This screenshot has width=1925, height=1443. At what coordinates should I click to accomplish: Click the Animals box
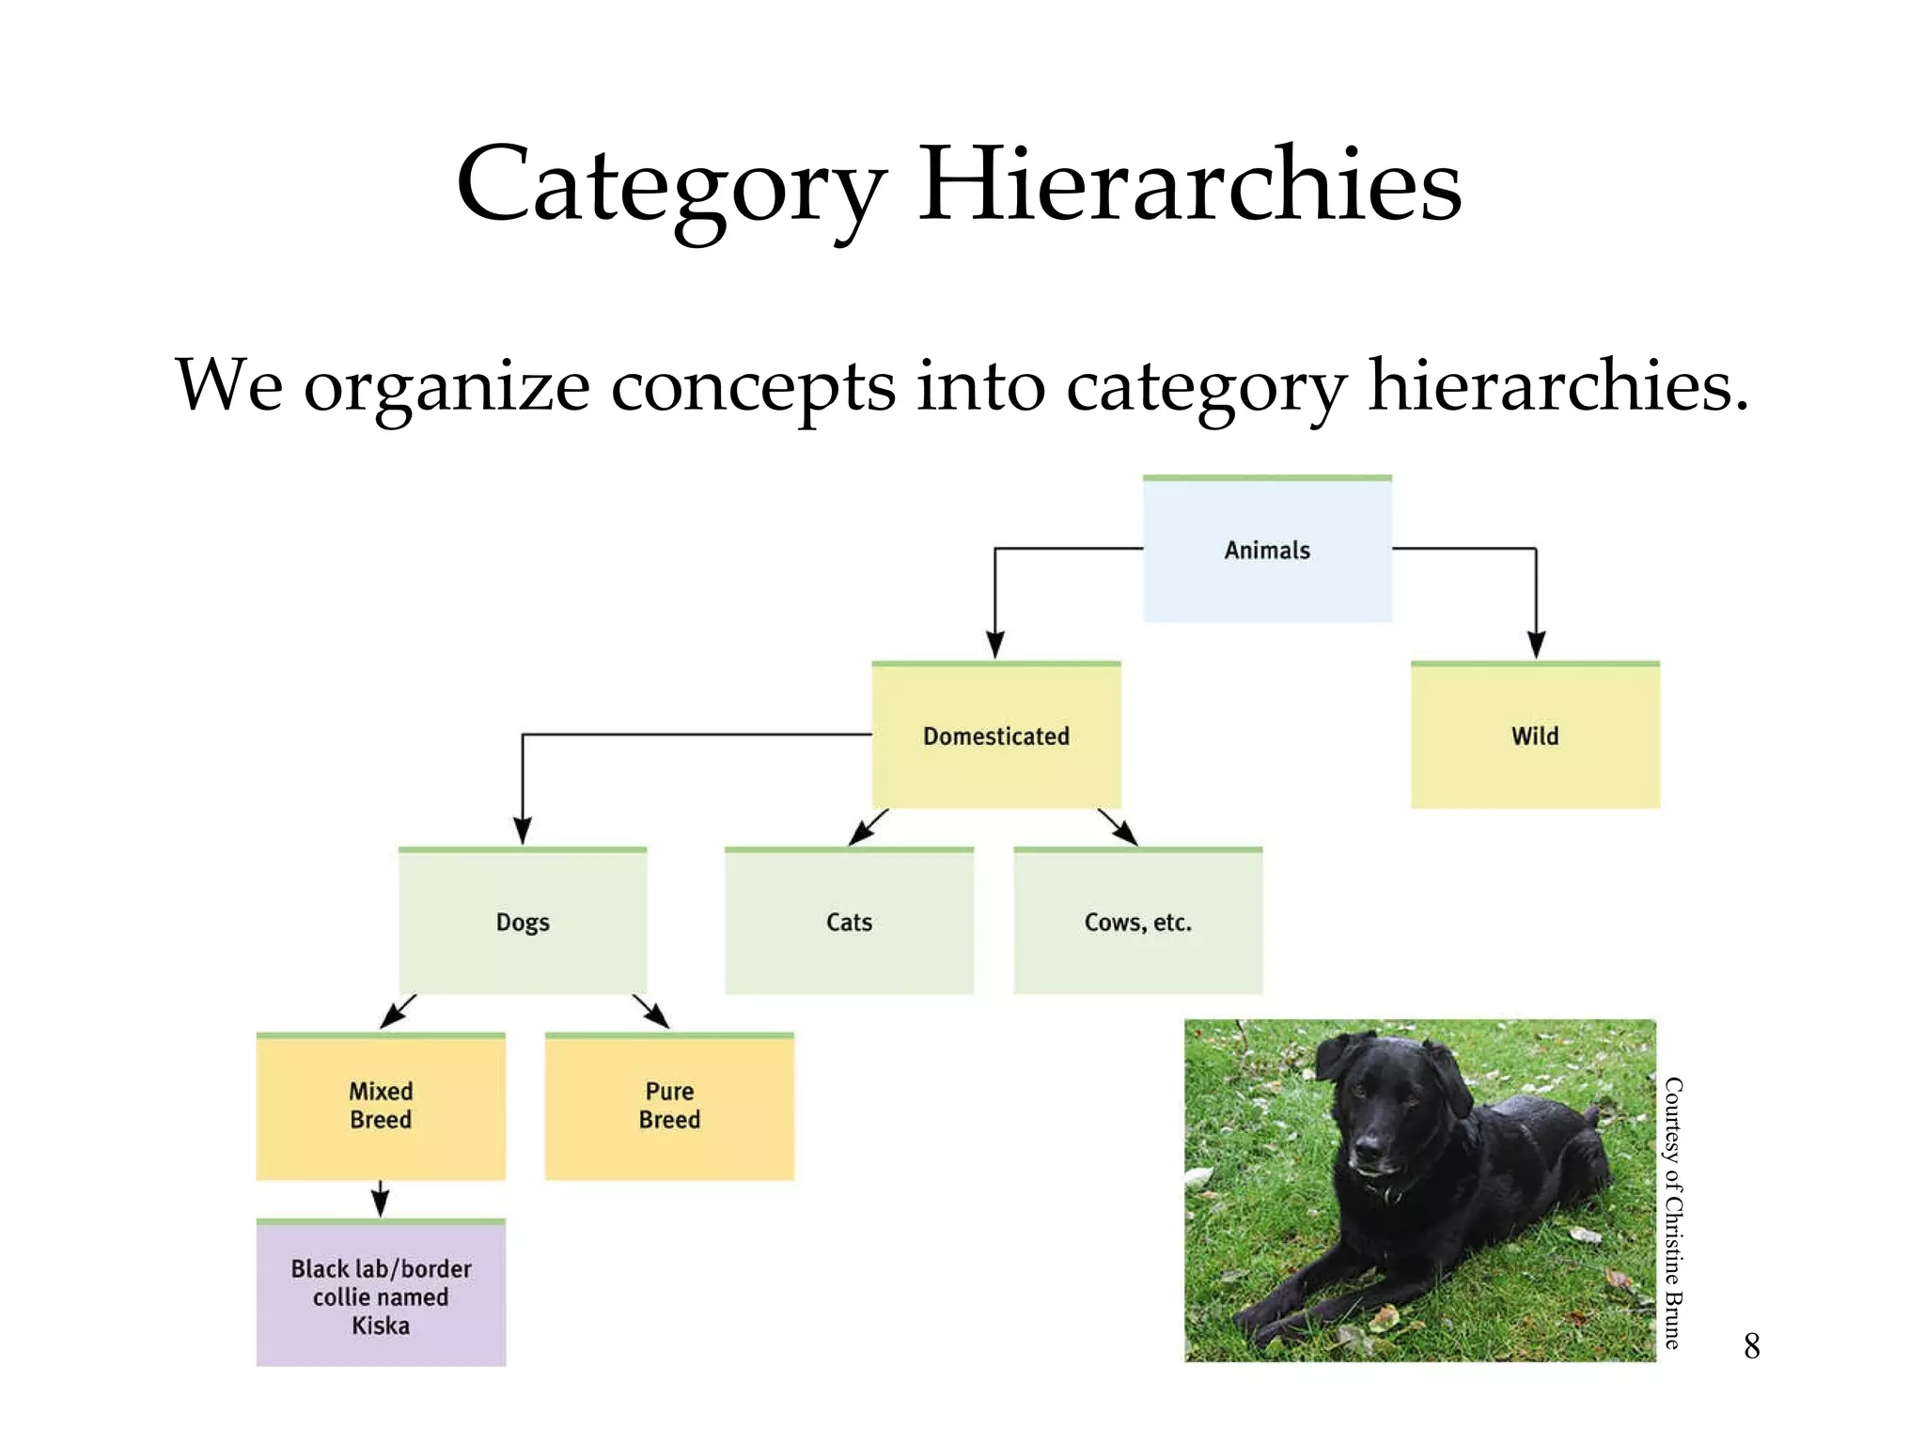point(1267,550)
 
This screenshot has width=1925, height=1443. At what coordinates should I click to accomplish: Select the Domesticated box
point(996,736)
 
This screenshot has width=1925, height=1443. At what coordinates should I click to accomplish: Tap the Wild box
point(1535,736)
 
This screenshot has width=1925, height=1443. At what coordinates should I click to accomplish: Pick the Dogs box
point(523,922)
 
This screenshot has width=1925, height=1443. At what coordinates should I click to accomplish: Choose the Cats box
point(849,922)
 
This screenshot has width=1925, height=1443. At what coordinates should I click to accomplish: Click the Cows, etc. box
point(1137,922)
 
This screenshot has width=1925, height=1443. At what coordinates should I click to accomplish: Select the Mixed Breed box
point(381,1106)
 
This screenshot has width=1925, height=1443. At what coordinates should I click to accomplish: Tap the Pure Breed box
point(669,1106)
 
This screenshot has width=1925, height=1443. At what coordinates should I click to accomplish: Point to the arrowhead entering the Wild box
point(1536,645)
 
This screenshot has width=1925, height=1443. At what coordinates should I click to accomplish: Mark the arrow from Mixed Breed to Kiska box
point(380,1200)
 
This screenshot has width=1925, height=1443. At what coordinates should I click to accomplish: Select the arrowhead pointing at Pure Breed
point(658,1017)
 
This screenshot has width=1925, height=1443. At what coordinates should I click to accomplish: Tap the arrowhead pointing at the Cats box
point(859,834)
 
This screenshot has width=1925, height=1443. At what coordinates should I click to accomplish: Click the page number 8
point(1751,1346)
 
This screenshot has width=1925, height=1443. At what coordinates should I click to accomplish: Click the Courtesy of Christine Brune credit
point(1673,1212)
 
